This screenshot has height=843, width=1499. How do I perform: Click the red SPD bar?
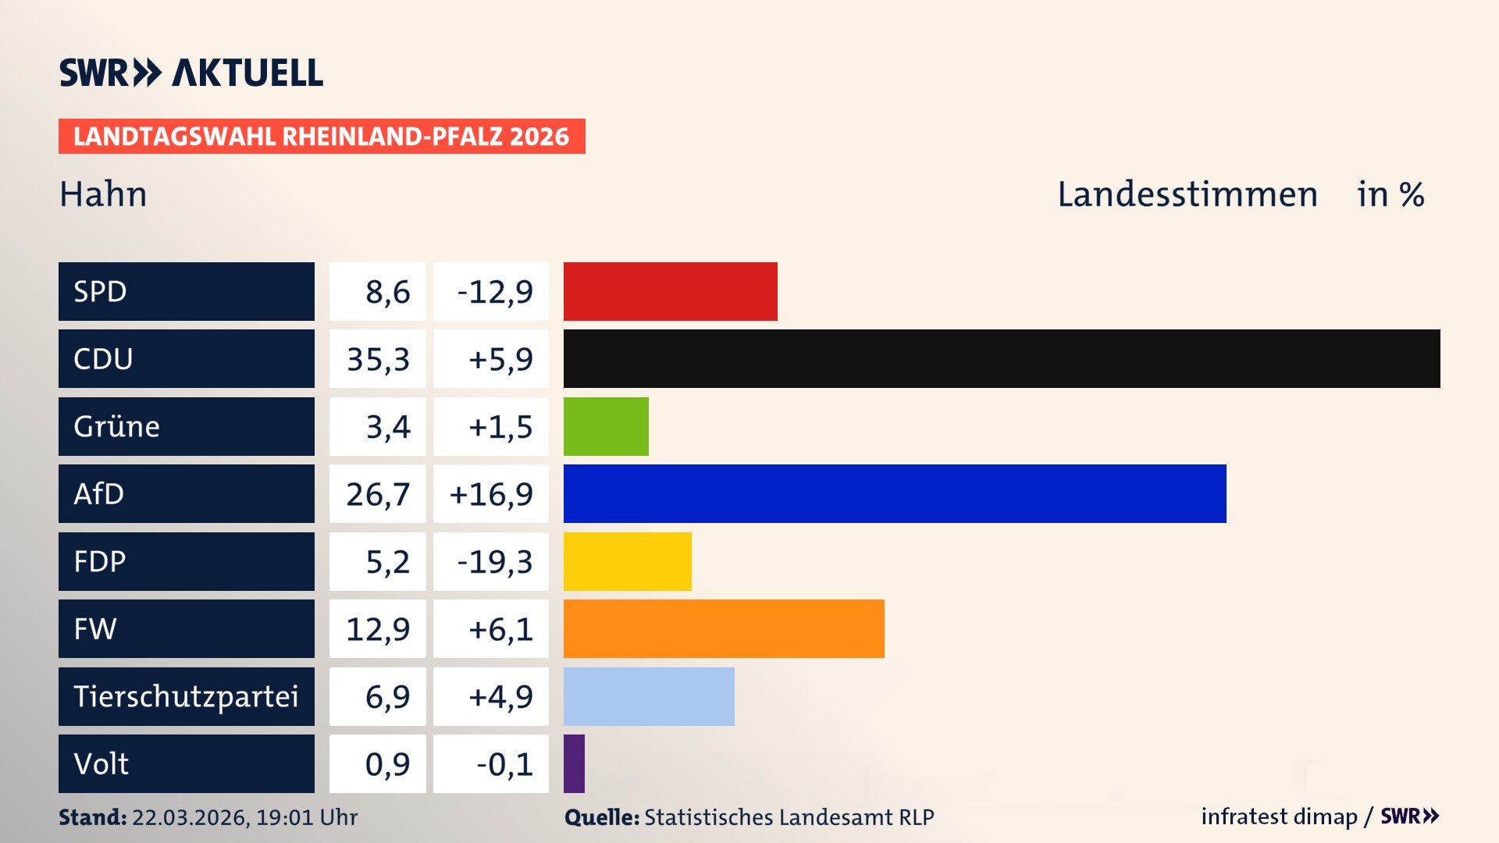point(670,291)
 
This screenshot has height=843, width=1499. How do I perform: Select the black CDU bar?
point(1001,358)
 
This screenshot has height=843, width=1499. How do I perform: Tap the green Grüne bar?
point(606,426)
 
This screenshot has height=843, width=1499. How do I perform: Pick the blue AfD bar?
point(895,493)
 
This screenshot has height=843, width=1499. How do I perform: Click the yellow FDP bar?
point(627,561)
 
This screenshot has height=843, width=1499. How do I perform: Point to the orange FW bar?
point(724,628)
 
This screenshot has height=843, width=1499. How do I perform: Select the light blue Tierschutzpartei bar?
point(649,696)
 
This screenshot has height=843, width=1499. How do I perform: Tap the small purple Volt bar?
point(574,763)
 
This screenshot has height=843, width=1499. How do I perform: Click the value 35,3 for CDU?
point(378,359)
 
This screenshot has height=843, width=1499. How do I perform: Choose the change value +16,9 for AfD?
point(491,494)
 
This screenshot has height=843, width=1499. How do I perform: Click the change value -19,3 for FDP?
point(494,562)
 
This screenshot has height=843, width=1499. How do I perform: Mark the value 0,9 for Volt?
point(387,764)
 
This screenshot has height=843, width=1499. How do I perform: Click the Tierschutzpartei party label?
point(186,696)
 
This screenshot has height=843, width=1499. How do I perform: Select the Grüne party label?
point(117,426)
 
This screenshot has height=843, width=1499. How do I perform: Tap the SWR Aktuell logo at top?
point(191,73)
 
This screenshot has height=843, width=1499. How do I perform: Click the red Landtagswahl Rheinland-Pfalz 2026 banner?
point(322,137)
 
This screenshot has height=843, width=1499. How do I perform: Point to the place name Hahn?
point(103,194)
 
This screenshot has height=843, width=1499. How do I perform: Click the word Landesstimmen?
point(1187,194)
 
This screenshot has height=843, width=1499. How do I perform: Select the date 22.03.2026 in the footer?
point(190,817)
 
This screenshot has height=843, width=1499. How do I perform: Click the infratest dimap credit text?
point(1279,816)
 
